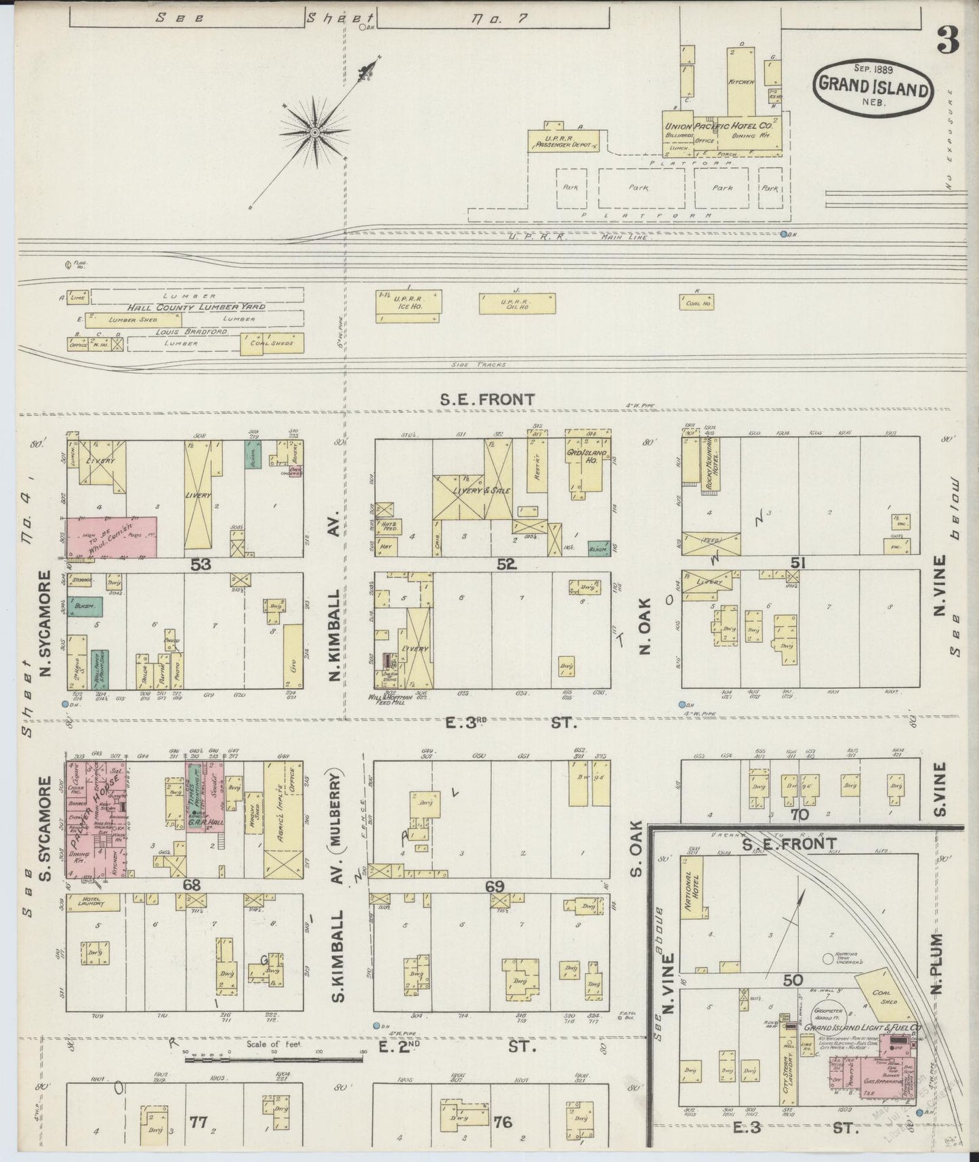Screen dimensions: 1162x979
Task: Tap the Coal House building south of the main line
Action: pyautogui.click(x=697, y=302)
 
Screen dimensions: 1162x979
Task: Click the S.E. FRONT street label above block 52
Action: pyautogui.click(x=487, y=400)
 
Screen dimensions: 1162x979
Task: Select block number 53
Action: pyautogui.click(x=201, y=564)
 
